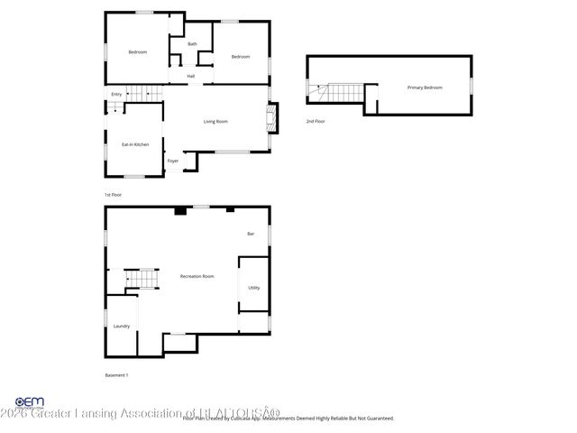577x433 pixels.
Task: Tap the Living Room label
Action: pyautogui.click(x=215, y=121)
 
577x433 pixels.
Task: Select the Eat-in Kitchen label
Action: pyautogui.click(x=135, y=144)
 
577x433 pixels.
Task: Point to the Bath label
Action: pyautogui.click(x=192, y=44)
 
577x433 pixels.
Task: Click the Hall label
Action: pyautogui.click(x=191, y=77)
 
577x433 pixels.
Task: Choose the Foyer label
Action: pyautogui.click(x=172, y=161)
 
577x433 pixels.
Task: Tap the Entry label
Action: pyautogui.click(x=116, y=94)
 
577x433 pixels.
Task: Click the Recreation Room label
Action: pyautogui.click(x=197, y=276)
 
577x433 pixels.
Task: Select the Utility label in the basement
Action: pyautogui.click(x=254, y=288)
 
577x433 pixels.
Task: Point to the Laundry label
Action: pyautogui.click(x=121, y=326)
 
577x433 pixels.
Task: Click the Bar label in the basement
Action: pyautogui.click(x=251, y=234)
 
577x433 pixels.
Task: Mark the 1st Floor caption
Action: pyautogui.click(x=113, y=195)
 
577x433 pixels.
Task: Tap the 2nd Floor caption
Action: pyautogui.click(x=315, y=121)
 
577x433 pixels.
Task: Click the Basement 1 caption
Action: pyautogui.click(x=117, y=374)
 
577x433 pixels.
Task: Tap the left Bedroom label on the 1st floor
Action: pyautogui.click(x=137, y=52)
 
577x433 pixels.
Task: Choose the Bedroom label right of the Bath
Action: pyautogui.click(x=240, y=57)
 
